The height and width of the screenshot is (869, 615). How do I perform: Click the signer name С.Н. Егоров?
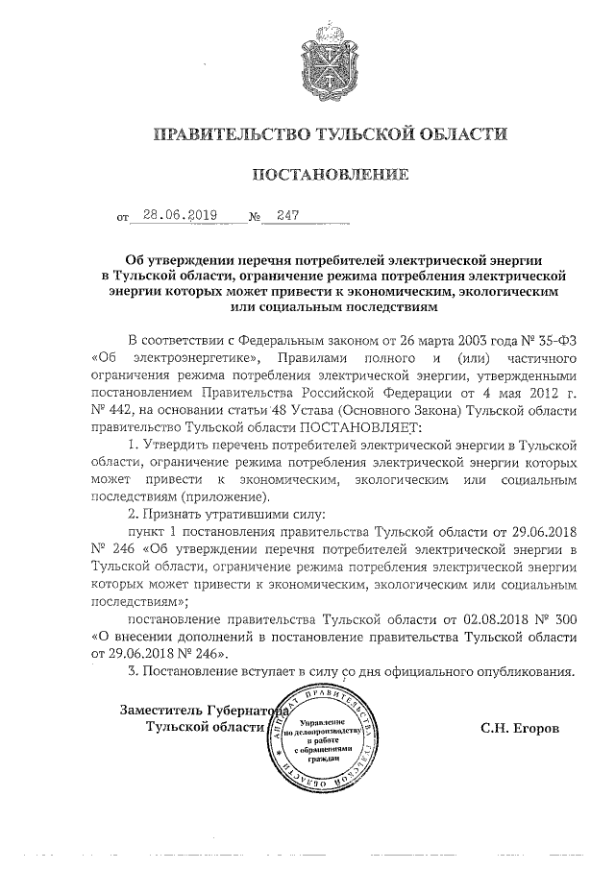click(520, 728)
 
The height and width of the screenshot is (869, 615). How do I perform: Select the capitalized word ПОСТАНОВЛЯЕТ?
click(360, 426)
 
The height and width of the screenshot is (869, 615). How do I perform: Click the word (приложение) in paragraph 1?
click(225, 496)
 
